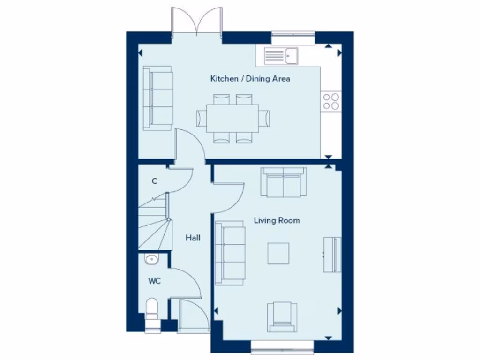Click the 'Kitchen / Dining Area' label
(250, 79)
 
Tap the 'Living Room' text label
(277, 220)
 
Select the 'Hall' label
(193, 238)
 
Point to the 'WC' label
(155, 281)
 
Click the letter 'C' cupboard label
(154, 181)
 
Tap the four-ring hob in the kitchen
(331, 101)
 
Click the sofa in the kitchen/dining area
(157, 98)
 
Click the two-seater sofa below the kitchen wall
(284, 183)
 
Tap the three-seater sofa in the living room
(230, 254)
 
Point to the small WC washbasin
(151, 259)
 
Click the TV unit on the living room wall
(332, 255)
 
